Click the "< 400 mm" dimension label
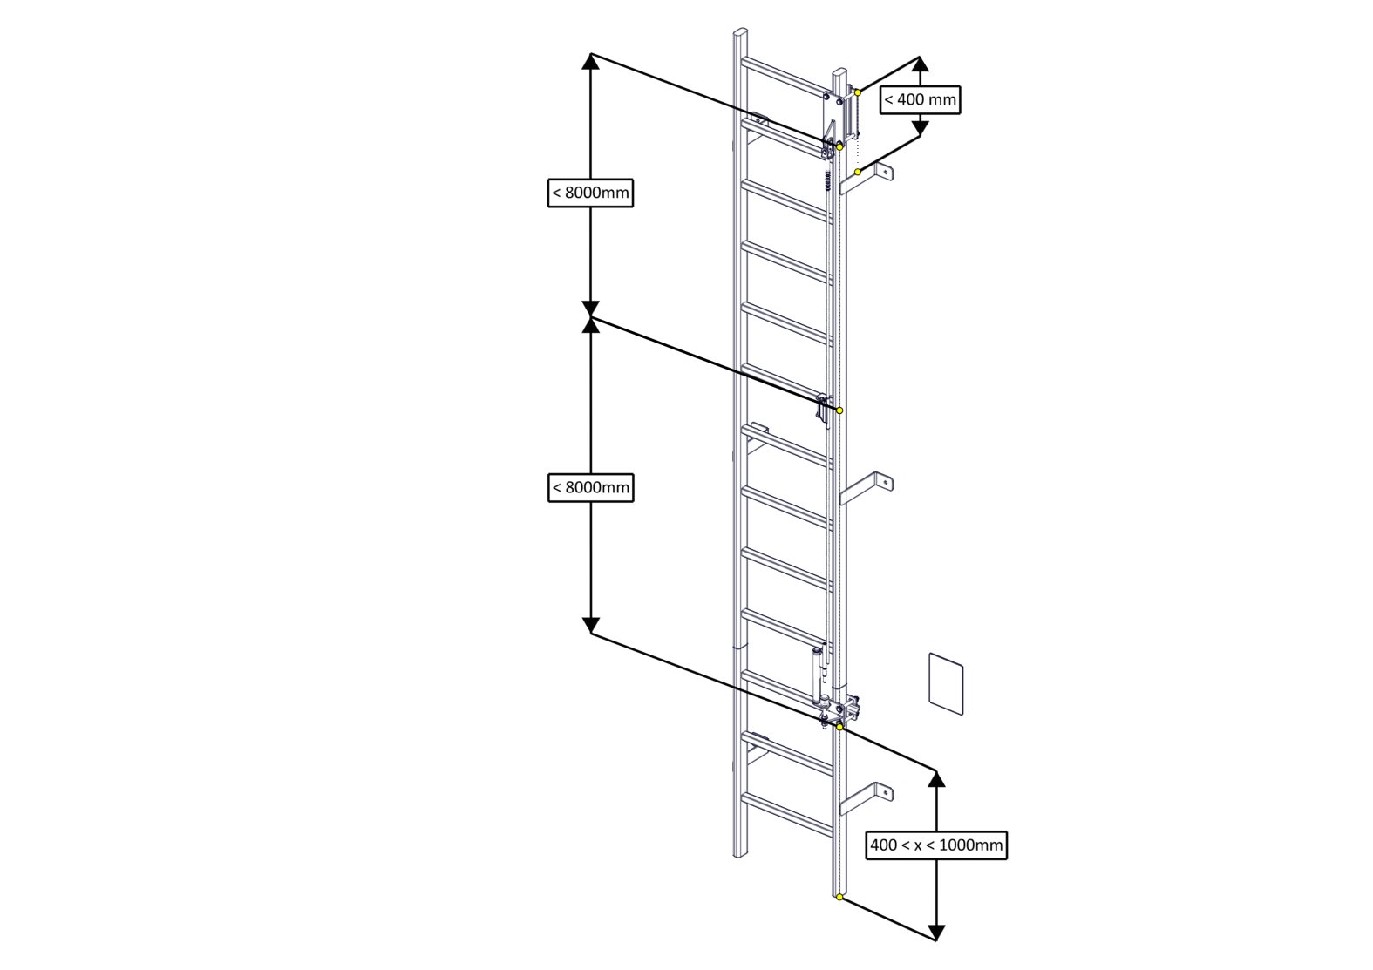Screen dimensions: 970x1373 (x=920, y=99)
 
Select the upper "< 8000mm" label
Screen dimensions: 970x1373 (x=590, y=193)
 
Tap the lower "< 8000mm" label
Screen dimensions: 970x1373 (x=590, y=487)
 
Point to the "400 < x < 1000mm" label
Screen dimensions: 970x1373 (x=936, y=845)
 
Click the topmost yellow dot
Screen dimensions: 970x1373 (x=858, y=92)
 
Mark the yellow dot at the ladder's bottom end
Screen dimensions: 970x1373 (x=839, y=897)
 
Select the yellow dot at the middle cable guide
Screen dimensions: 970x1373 (x=839, y=410)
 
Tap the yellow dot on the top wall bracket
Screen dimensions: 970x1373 (x=858, y=172)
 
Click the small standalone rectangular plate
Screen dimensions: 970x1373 (x=945, y=683)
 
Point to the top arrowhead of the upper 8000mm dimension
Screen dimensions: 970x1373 (x=591, y=60)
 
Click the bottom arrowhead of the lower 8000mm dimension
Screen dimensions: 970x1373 (x=591, y=626)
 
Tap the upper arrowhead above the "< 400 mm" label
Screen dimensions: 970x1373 (x=920, y=64)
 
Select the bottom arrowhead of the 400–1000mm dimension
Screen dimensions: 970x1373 (x=936, y=933)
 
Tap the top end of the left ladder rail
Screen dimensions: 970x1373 (x=739, y=32)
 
